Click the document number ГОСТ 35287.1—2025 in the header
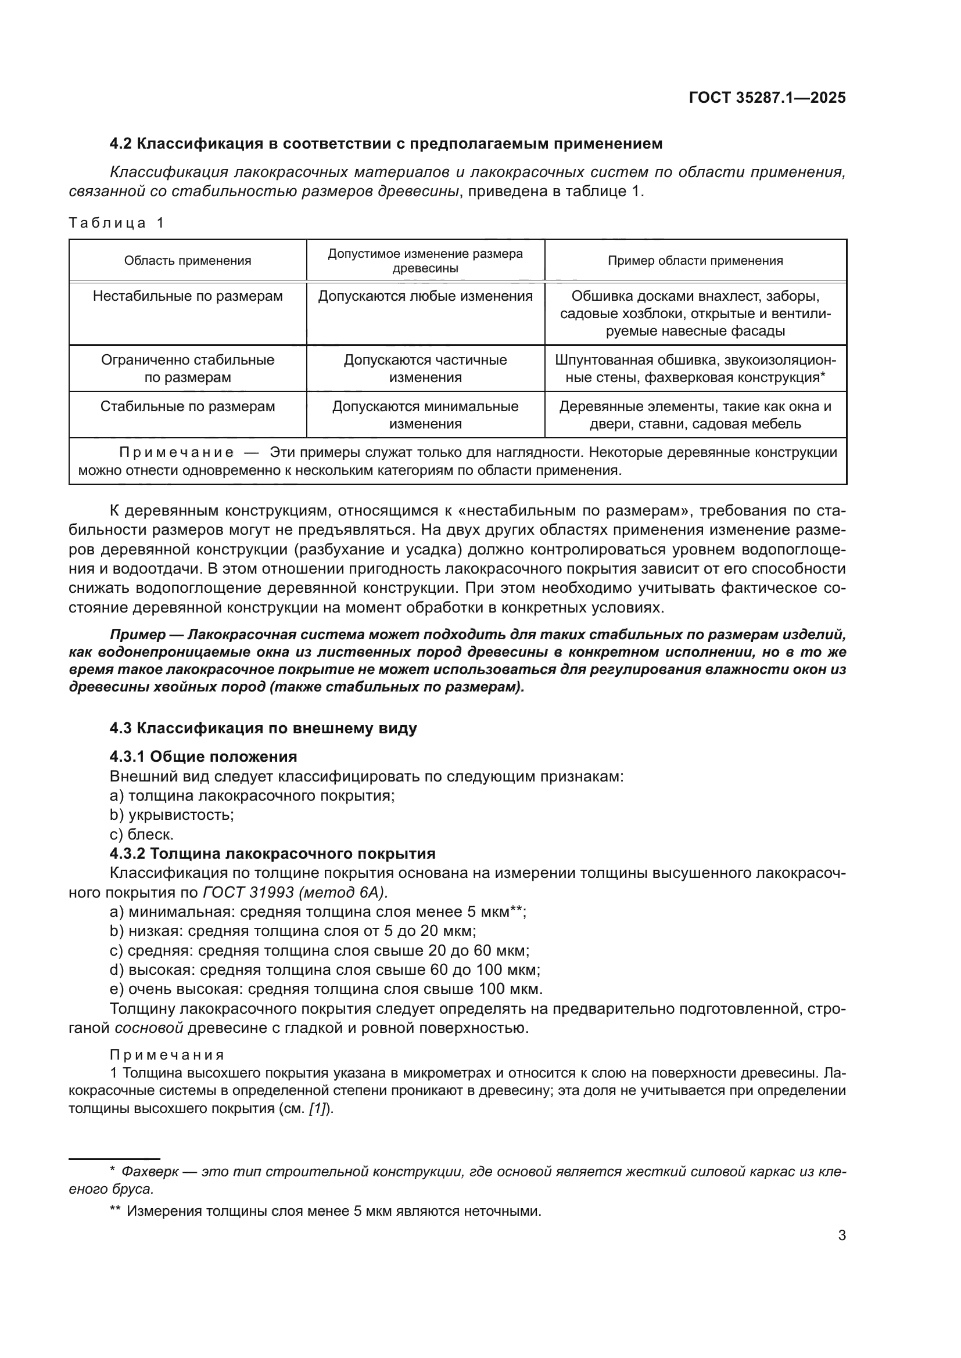(767, 98)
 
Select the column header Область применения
(188, 261)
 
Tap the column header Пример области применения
(695, 261)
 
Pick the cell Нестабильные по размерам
(188, 296)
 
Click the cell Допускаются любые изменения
(425, 296)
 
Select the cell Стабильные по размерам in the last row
(188, 407)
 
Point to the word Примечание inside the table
(177, 453)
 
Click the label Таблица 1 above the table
(116, 223)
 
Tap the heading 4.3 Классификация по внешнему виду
(263, 728)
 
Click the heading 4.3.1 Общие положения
(203, 757)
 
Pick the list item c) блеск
(141, 834)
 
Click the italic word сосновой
(149, 1028)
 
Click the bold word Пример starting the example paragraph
(138, 635)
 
